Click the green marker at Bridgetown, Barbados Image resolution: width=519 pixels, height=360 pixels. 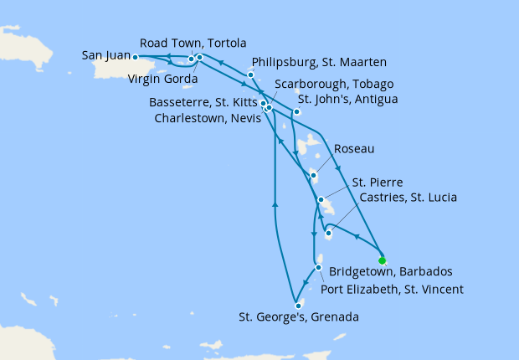[383, 260]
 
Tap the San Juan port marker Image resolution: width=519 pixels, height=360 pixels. [135, 58]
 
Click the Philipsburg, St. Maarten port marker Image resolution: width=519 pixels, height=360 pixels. [250, 75]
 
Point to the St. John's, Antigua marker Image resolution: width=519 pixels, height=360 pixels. [296, 111]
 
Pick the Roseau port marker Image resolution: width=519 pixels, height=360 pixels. [313, 176]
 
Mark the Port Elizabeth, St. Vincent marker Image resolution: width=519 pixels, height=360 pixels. [318, 268]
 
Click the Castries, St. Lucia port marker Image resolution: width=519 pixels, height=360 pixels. [328, 234]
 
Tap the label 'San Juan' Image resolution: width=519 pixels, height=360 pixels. [105, 56]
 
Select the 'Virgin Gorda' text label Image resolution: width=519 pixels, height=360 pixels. [163, 80]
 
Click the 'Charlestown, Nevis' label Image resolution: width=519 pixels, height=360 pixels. [207, 118]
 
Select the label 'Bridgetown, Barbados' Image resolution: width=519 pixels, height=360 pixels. [391, 272]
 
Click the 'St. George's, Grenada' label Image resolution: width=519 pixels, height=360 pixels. [299, 317]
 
